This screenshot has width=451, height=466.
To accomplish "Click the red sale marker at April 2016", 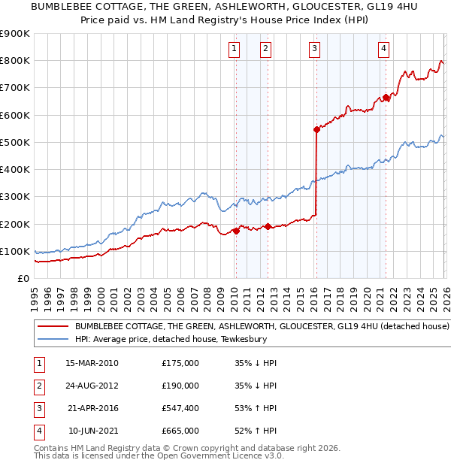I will point(316,129).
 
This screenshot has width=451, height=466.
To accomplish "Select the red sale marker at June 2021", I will point(386,97).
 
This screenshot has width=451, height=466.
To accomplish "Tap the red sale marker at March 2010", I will point(236,231).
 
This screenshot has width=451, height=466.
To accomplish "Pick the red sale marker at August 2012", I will point(268,226).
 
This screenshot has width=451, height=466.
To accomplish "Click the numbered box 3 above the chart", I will point(314,50).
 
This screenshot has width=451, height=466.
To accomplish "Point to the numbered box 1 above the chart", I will point(235,50).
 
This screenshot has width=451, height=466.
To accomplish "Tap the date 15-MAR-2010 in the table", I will point(92,363).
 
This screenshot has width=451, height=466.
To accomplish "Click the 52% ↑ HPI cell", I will point(256,431).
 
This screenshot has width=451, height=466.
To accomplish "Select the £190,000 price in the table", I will point(180,386).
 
